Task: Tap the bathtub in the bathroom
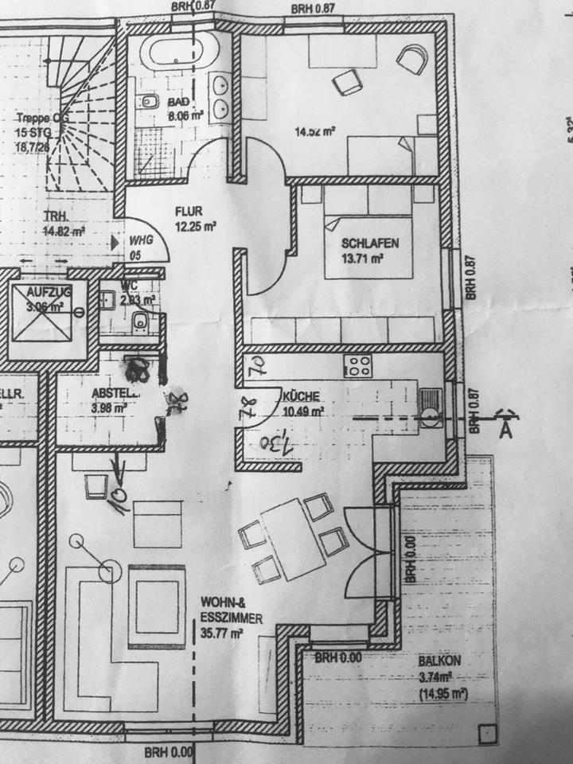(x=180, y=53)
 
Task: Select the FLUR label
(x=191, y=212)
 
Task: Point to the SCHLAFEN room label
(x=369, y=244)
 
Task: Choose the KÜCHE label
(x=301, y=396)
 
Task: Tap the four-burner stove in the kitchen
(x=357, y=367)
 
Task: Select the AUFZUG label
(x=49, y=292)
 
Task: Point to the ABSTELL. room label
(x=115, y=392)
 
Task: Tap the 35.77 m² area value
(x=222, y=634)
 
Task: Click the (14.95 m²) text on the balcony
(x=442, y=694)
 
